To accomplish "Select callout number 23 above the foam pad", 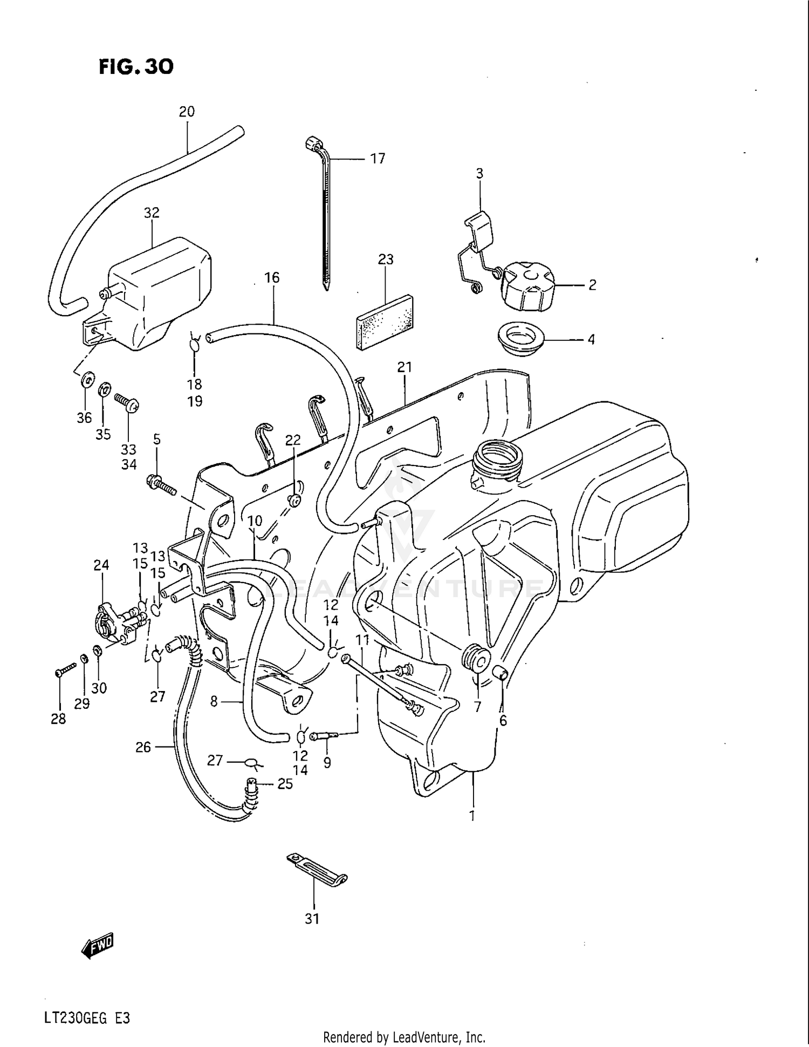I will click(x=386, y=259).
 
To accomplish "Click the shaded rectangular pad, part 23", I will click(x=385, y=322).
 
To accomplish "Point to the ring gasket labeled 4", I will click(x=520, y=339).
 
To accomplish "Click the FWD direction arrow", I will click(x=98, y=961).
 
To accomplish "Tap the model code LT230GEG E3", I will click(x=87, y=1003).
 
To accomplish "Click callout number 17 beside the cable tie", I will click(x=378, y=159).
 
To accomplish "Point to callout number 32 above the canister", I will click(x=152, y=213).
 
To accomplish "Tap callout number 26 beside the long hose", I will click(x=143, y=747).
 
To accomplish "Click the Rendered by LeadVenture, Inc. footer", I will click(x=404, y=1037).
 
